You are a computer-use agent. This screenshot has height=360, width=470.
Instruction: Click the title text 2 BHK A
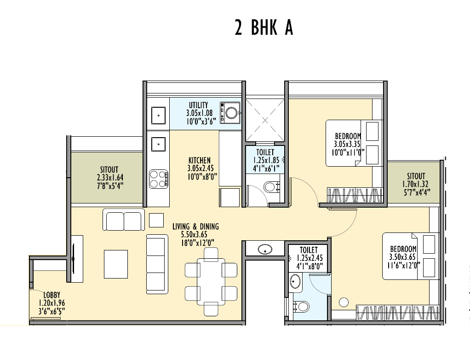point(264,28)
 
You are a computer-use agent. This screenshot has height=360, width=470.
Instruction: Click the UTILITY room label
point(198,105)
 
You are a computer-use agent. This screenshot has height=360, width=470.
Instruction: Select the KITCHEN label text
point(199,161)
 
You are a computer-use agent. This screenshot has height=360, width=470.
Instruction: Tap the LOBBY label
point(52,295)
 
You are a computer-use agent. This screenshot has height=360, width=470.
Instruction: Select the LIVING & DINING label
point(195,226)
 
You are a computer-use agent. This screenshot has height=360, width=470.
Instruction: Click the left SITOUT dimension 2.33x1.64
point(110,177)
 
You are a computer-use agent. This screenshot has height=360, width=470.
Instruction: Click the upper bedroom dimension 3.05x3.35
point(348,144)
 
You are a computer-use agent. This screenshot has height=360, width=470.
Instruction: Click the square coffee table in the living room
point(115,264)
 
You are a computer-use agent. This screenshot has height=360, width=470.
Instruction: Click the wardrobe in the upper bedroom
point(355,194)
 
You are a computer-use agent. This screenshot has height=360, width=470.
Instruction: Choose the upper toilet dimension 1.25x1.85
point(264,160)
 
